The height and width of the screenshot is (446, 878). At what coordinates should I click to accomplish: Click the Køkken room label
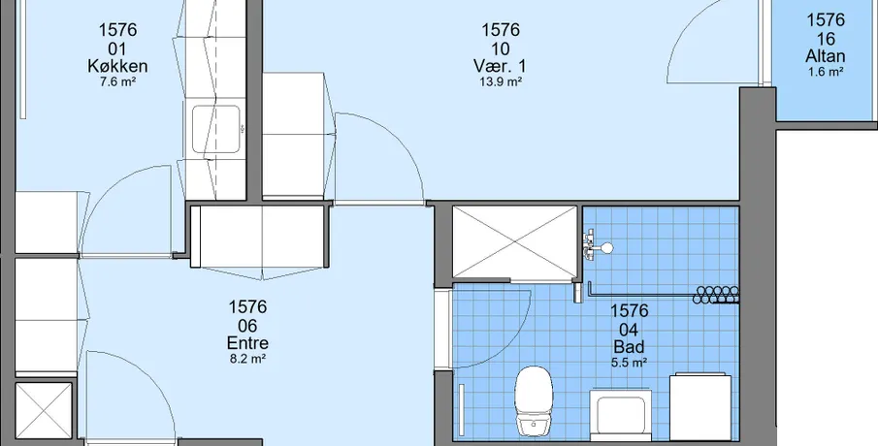[117, 67]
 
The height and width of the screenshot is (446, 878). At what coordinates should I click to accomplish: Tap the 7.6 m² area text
[117, 81]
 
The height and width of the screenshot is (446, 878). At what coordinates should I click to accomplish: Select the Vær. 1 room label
[500, 66]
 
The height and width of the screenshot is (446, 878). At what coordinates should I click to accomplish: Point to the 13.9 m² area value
[500, 81]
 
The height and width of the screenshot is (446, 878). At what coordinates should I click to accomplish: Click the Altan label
[826, 56]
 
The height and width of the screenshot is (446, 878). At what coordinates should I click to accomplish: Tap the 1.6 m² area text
[826, 72]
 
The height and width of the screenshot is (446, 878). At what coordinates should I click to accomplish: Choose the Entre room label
[247, 343]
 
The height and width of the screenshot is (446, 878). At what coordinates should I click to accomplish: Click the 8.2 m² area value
[247, 359]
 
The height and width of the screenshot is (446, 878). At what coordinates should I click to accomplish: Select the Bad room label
[629, 346]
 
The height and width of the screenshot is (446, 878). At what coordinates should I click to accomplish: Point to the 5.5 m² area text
[629, 362]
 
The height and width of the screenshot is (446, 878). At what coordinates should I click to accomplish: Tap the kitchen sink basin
[216, 129]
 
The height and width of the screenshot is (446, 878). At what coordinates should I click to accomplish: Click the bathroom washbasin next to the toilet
[621, 415]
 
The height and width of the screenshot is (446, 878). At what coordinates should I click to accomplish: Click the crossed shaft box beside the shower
[514, 242]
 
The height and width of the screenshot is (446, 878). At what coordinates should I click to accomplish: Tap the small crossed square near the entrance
[43, 411]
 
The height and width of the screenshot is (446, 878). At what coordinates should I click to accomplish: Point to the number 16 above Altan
[826, 39]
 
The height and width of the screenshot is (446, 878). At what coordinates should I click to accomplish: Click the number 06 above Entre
[247, 325]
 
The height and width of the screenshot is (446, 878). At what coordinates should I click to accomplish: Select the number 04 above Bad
[629, 329]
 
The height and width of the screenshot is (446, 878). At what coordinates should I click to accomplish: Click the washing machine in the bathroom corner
[700, 407]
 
